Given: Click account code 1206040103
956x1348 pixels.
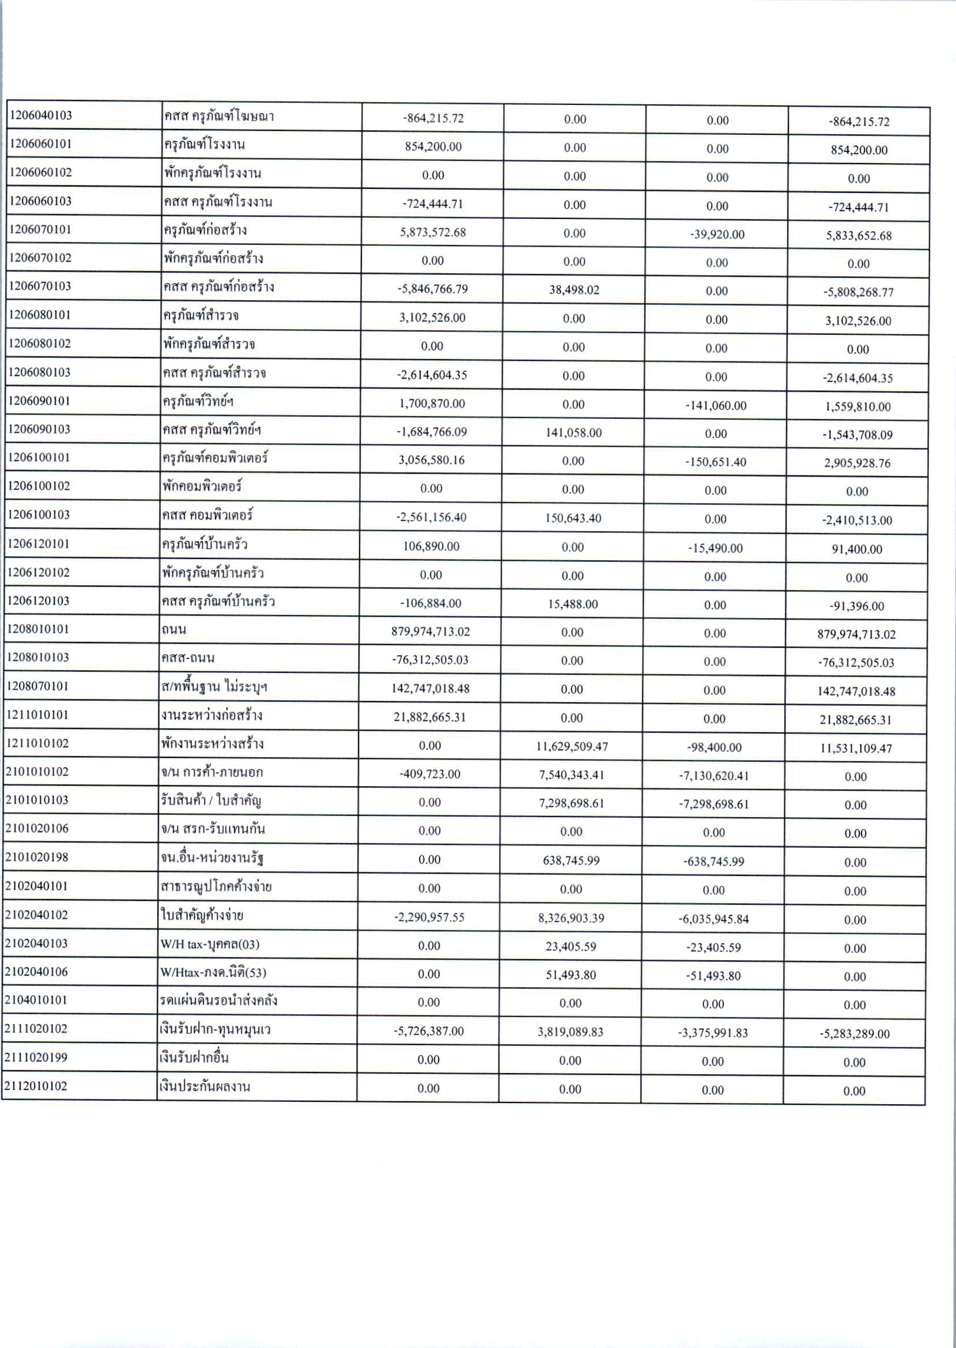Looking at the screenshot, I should pos(40,115).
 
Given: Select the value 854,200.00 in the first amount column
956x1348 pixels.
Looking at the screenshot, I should pos(433,146).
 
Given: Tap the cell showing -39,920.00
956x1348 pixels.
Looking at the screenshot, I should pos(717,235).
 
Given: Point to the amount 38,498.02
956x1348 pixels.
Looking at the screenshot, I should pos(574,290).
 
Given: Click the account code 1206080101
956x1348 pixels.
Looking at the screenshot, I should pos(39,315).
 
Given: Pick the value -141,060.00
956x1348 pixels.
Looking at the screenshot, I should pos(716,406).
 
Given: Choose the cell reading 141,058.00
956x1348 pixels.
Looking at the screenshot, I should pos(573,433).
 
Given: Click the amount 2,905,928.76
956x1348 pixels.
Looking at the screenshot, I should pos(857,463).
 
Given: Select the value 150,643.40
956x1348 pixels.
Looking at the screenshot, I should pos(573,518).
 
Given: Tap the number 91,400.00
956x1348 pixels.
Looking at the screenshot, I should pos(856,549).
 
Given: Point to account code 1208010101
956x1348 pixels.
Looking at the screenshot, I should pos(38,629).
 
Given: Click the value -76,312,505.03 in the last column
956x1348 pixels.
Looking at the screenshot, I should pos(856,663).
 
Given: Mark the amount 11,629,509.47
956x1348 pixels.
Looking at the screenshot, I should pos(572,747).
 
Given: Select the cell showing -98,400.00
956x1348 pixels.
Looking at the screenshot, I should pos(715,747).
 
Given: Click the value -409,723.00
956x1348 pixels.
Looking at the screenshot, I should pos(430,774).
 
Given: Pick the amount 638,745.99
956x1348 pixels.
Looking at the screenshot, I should pos(571,860).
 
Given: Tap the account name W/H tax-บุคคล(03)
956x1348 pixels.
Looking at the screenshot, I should pos(210,944).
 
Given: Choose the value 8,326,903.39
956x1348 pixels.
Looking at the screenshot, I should pos(571,917).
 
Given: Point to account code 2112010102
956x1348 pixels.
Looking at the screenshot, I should pos(36,1086).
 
